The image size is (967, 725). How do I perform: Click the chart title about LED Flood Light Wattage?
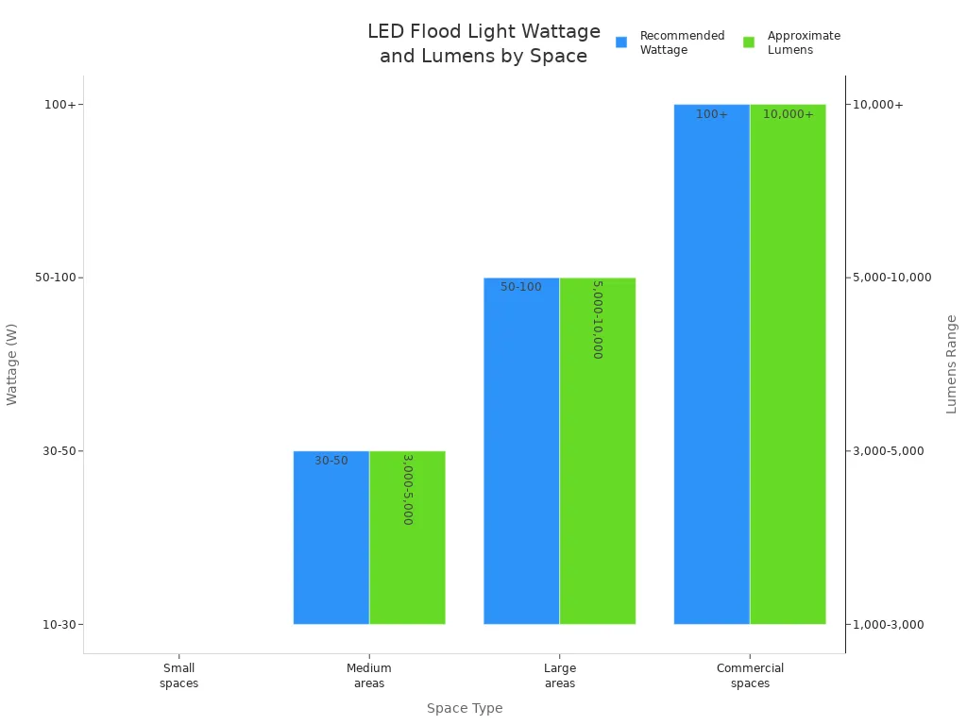[483, 43]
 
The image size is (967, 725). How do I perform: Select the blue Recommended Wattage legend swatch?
[621, 42]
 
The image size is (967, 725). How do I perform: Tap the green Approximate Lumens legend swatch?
[749, 42]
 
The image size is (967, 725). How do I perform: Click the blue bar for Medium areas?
[331, 537]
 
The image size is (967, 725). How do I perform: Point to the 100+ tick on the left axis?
[59, 105]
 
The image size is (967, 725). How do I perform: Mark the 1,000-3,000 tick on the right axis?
[889, 625]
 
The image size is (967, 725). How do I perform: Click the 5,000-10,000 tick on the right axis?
[891, 278]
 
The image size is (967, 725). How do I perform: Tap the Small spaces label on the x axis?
[178, 676]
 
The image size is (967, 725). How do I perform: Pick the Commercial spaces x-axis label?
[750, 676]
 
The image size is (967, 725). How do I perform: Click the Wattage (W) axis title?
[12, 363]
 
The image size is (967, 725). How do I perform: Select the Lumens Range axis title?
[951, 363]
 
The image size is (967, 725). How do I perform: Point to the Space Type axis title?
[464, 708]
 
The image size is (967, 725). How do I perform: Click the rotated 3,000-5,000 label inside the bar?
[407, 489]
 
